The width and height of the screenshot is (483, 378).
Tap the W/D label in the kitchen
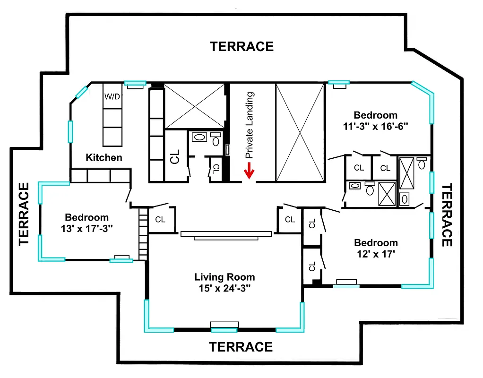click(x=112, y=97)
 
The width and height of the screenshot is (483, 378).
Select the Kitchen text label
click(x=104, y=157)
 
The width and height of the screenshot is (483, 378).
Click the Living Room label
click(x=224, y=277)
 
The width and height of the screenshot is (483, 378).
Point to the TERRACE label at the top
click(x=241, y=46)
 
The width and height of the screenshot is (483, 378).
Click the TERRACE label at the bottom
click(x=241, y=347)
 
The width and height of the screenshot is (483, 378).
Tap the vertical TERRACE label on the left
click(x=24, y=214)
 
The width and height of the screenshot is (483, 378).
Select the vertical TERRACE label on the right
click(x=447, y=215)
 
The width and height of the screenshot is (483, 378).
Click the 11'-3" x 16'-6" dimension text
click(x=375, y=126)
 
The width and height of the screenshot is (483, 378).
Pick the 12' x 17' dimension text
click(x=376, y=253)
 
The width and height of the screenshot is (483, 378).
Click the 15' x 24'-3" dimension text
click(x=224, y=288)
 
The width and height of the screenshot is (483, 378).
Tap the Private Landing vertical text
click(x=250, y=125)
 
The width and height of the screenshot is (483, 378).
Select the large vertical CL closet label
click(x=175, y=157)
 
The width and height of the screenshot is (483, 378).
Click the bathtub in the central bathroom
click(x=200, y=138)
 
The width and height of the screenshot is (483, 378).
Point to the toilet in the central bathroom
click(x=216, y=139)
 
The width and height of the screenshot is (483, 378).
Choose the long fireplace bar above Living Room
click(x=226, y=233)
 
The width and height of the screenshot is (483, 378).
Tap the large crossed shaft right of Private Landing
click(x=300, y=132)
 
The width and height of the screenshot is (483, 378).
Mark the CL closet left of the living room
click(x=160, y=219)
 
